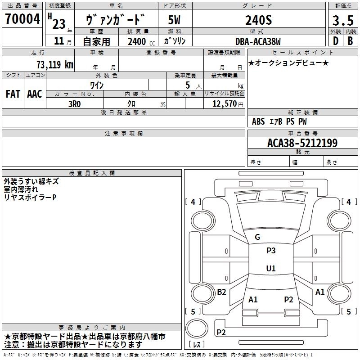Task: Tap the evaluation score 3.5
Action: (x=342, y=21)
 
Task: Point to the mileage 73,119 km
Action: (x=54, y=64)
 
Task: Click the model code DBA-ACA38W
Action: (x=258, y=41)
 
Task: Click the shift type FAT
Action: (x=13, y=94)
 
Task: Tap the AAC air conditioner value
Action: (x=34, y=94)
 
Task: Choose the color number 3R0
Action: (x=74, y=103)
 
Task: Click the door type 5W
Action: (x=174, y=20)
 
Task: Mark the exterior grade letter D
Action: (x=335, y=41)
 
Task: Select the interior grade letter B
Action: (x=350, y=41)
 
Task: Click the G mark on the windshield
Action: (x=257, y=237)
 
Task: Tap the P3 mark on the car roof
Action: (x=271, y=251)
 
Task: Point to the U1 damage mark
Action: (x=271, y=269)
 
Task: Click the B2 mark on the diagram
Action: (x=221, y=292)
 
